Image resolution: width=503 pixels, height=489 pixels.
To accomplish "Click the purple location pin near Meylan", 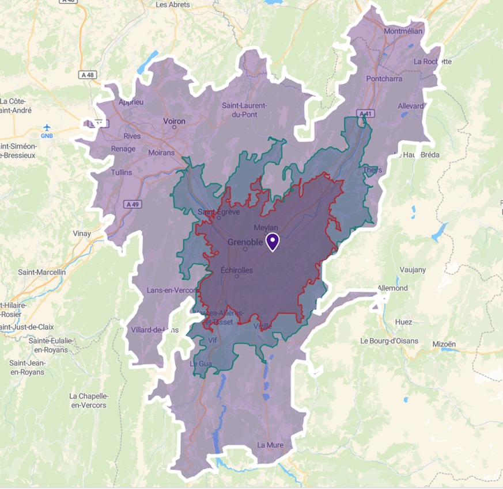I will tap(272, 242).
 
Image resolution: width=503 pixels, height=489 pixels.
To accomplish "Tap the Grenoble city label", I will tap(245, 242).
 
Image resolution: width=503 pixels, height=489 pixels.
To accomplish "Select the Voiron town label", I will tap(175, 121).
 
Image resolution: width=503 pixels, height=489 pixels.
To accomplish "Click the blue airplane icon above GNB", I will tap(47, 127).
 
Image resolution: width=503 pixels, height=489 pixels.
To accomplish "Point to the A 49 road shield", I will tap(133, 204).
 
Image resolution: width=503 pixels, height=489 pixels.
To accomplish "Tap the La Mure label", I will tap(270, 445).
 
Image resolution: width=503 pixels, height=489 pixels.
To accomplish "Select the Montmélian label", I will tap(403, 31).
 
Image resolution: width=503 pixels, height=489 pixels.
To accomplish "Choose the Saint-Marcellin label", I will tap(42, 272).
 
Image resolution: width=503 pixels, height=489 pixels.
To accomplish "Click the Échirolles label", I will tap(237, 270).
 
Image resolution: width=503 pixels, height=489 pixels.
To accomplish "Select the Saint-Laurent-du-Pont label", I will tap(244, 109).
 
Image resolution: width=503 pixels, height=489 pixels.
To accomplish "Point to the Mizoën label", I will tap(444, 344).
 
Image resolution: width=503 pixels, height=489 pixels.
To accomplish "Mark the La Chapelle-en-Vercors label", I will tap(88, 400).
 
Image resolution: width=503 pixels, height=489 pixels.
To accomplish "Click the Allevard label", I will tap(411, 106).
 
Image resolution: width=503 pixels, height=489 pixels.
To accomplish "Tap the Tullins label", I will tap(120, 173).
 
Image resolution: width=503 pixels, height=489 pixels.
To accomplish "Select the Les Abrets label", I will tap(173, 5).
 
